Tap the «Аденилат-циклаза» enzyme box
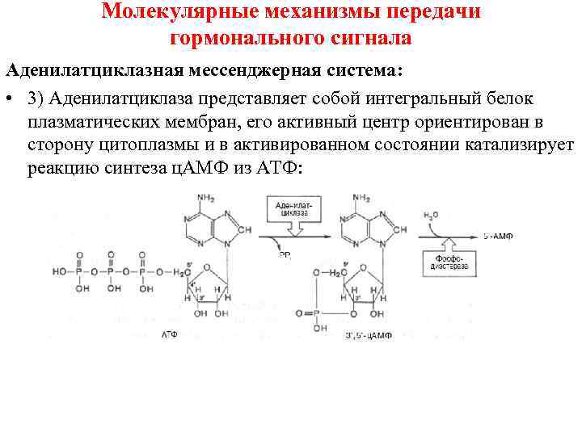coord(293,212)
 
